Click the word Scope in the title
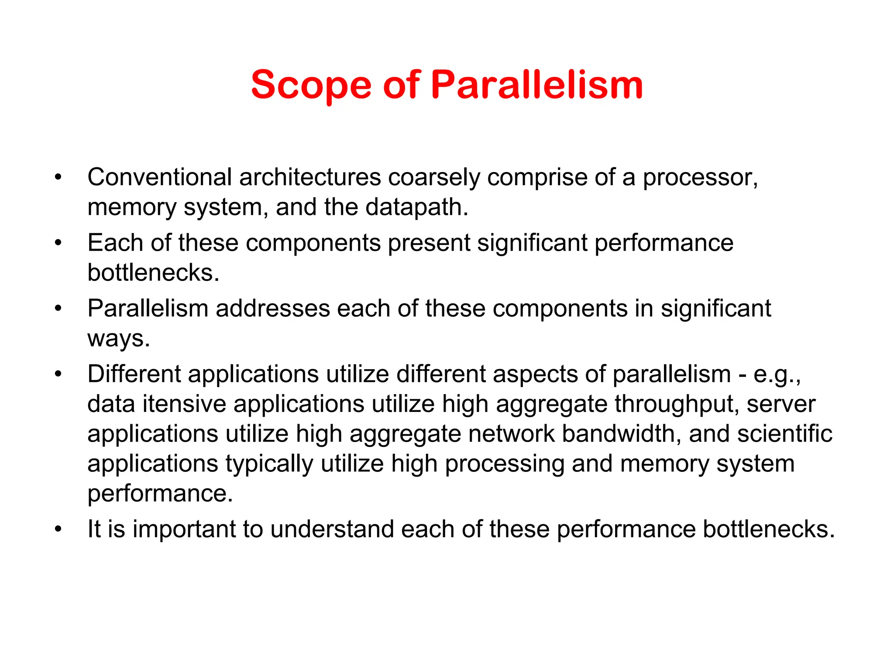[x=311, y=85]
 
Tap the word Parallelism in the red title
[x=537, y=85]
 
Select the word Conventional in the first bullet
[x=159, y=177]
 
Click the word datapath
[x=416, y=207]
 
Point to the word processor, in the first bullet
[x=700, y=177]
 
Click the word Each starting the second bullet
[x=116, y=243]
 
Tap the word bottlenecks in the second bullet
[x=153, y=273]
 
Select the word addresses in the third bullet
[x=273, y=308]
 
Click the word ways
[x=118, y=339]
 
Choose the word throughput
[x=677, y=404]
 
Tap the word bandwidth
[x=621, y=434]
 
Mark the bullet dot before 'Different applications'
[x=58, y=374]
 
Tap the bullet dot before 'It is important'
[x=58, y=529]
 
